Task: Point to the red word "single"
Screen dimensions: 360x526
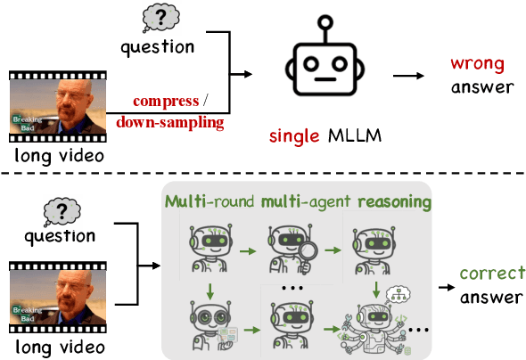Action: click(x=292, y=136)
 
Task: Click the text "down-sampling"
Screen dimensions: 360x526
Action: click(x=170, y=122)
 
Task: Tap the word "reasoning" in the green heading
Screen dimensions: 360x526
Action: click(x=394, y=203)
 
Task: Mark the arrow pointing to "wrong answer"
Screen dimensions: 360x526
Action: click(x=408, y=76)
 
